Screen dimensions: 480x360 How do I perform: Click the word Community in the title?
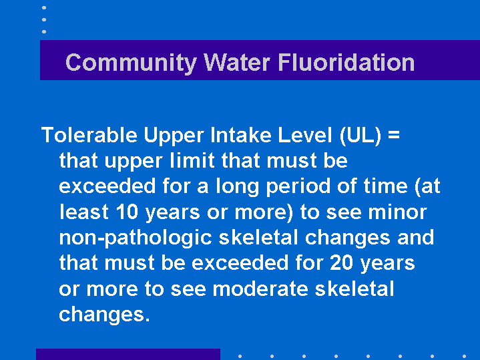[x=131, y=63]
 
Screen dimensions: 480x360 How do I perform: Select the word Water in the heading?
[x=237, y=62]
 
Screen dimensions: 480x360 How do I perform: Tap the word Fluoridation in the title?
[x=346, y=62]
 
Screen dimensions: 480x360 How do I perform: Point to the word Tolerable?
[x=89, y=135]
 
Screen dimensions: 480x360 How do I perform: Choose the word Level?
[x=305, y=135]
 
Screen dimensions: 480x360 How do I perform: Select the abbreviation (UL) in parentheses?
[x=361, y=136]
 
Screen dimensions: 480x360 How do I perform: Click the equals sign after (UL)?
[x=394, y=135]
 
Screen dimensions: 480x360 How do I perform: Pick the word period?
[x=298, y=186]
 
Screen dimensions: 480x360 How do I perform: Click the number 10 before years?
[x=128, y=212]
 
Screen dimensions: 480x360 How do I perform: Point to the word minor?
[x=397, y=212]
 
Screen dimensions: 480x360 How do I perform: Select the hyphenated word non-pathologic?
[x=136, y=238]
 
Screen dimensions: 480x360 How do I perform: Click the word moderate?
[x=260, y=289]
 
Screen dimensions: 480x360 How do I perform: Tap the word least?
[x=84, y=212]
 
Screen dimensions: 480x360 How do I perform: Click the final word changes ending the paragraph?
[x=104, y=315]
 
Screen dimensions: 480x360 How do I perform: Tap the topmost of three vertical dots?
[x=44, y=7]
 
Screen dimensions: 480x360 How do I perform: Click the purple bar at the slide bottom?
[x=128, y=354]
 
